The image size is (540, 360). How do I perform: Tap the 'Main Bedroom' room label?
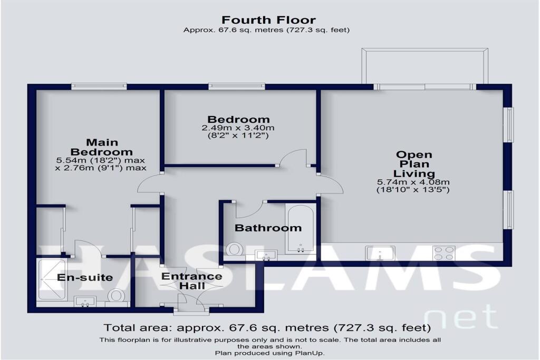[102, 147]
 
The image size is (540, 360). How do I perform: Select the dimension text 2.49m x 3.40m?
[238, 128]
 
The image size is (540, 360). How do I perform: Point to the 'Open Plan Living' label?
[414, 164]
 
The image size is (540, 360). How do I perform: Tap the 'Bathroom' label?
[268, 228]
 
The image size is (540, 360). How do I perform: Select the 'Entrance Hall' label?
[191, 281]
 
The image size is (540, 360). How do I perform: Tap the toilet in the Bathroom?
[233, 248]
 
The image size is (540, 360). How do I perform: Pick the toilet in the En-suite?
[117, 297]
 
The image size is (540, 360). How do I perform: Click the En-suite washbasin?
[85, 301]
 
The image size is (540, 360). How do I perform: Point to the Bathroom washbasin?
[266, 255]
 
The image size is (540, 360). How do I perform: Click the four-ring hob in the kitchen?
[444, 253]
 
